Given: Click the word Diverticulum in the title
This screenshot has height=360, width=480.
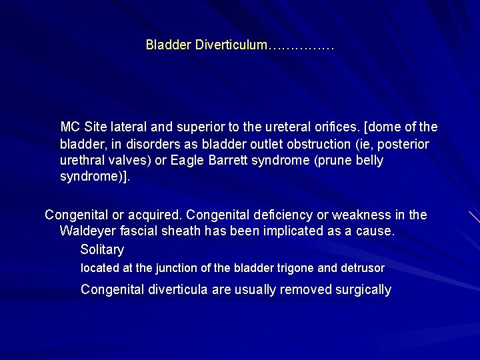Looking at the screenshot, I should (230, 45).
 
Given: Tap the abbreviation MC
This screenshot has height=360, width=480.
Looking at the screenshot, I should (69, 127).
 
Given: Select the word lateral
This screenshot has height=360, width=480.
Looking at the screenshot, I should (129, 127).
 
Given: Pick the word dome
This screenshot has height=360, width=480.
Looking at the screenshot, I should (374, 127).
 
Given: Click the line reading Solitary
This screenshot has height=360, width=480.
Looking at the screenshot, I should (102, 250).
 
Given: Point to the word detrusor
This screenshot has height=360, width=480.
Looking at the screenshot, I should (362, 269).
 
